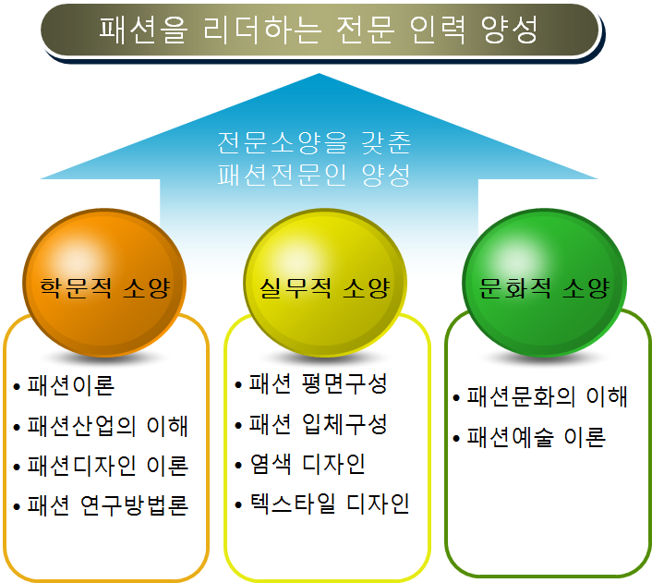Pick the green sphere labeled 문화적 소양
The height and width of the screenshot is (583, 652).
(x=545, y=287)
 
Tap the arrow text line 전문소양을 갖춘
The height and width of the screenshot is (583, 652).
(x=315, y=144)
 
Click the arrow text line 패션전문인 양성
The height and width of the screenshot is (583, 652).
(x=315, y=175)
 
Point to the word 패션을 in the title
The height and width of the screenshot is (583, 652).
(x=139, y=30)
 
